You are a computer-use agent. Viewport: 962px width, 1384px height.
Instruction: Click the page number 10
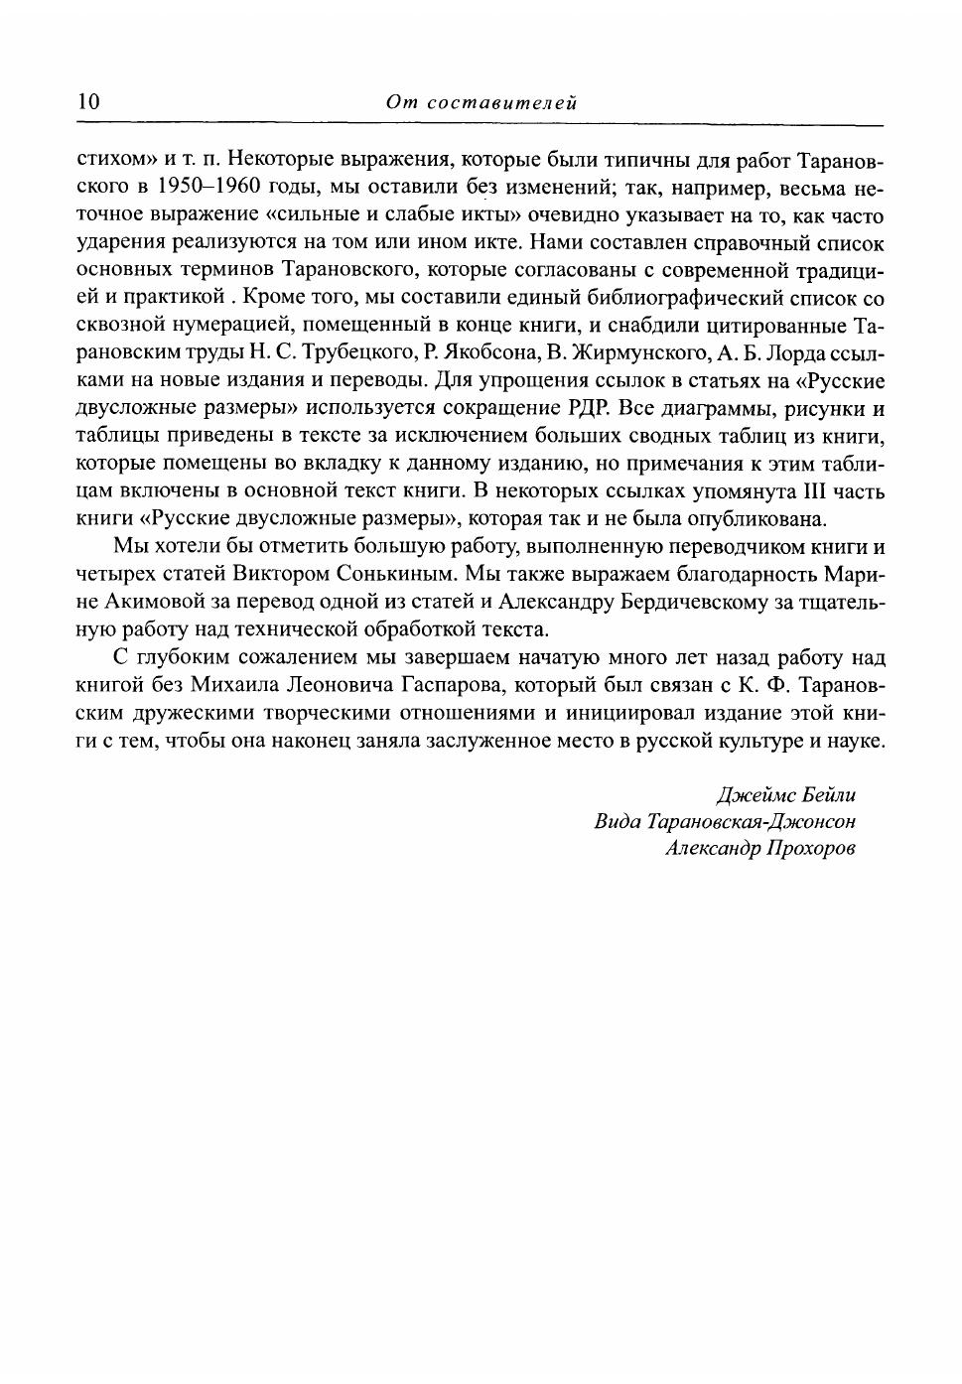88,101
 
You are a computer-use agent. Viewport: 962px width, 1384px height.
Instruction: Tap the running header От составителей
481,102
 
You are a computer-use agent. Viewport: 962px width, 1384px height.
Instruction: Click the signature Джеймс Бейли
785,795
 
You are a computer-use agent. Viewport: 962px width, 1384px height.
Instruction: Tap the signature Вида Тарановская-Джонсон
725,822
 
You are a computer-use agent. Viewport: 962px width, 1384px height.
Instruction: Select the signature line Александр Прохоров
760,849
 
